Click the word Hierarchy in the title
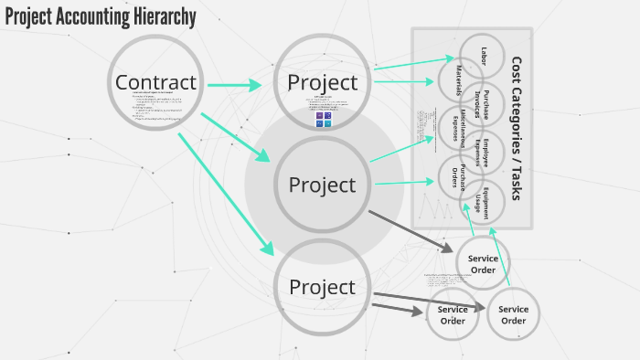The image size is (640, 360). point(161,17)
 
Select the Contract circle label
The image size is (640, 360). point(155,82)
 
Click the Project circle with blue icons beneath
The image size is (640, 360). point(322,82)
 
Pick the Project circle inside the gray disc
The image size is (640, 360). point(322,185)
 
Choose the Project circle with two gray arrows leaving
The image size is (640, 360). point(322,287)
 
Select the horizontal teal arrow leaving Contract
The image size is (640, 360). point(234,86)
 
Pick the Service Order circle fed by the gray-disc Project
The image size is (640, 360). point(483,263)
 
